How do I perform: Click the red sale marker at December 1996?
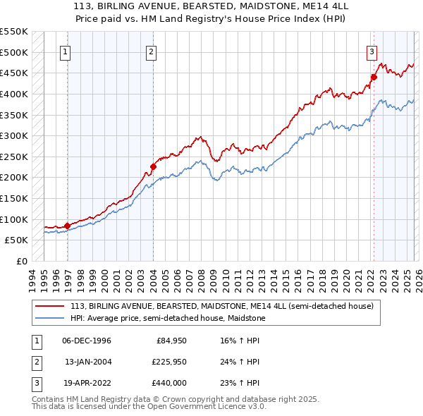(68, 226)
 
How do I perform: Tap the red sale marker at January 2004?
(152, 167)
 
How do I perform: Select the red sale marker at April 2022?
(373, 78)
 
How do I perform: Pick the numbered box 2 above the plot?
(152, 50)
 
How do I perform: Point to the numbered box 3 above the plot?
(372, 50)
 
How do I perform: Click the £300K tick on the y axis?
(13, 135)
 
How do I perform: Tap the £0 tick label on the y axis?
(20, 261)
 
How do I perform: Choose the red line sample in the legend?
(51, 306)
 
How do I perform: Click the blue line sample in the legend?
(51, 318)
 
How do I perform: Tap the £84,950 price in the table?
(170, 341)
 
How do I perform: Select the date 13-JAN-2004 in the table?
(87, 362)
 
